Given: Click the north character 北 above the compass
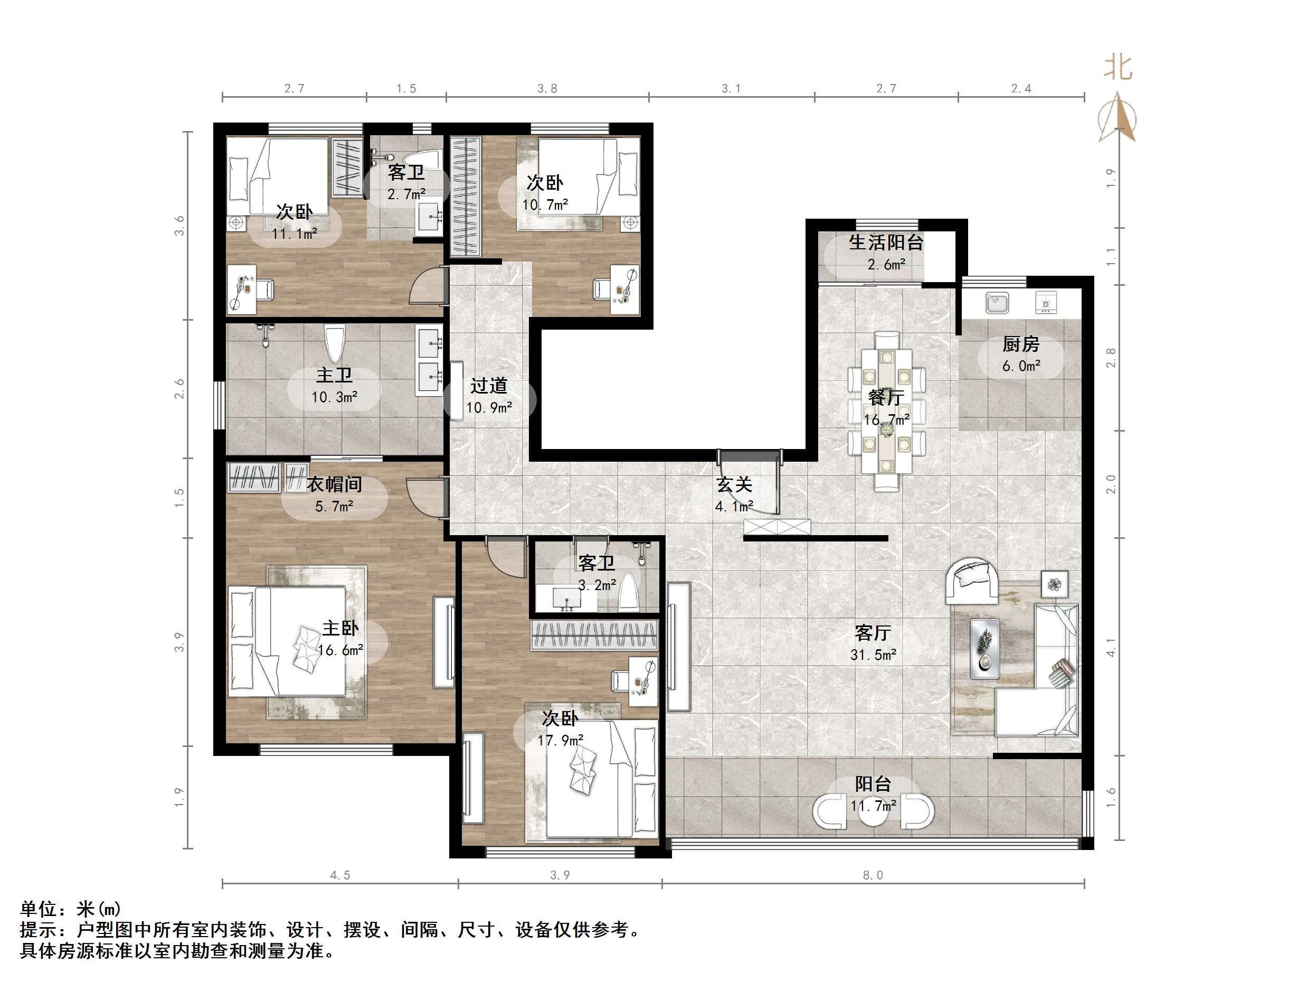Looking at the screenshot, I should (1118, 68).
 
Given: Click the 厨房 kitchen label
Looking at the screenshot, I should (1020, 343).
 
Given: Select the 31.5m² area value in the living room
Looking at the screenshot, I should (873, 655).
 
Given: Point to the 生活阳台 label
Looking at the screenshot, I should (886, 242).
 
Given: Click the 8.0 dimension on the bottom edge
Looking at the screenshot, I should (873, 875).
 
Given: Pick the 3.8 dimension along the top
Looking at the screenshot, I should (547, 89).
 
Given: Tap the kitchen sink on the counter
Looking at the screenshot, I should (997, 303).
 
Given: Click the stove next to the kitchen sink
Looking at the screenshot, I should (1046, 303).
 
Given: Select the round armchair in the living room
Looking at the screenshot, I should (972, 580).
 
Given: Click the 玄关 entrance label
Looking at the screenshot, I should (734, 485).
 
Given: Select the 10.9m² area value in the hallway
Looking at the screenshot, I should (489, 407).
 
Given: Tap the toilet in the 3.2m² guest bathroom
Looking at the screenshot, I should (628, 593).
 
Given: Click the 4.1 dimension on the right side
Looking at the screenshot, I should (1111, 647).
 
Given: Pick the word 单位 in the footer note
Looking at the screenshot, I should (39, 909).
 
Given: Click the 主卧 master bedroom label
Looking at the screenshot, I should (340, 628).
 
